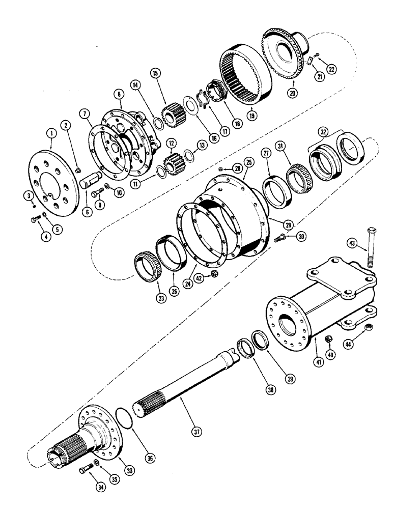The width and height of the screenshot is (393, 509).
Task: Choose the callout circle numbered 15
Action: (x=155, y=73)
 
